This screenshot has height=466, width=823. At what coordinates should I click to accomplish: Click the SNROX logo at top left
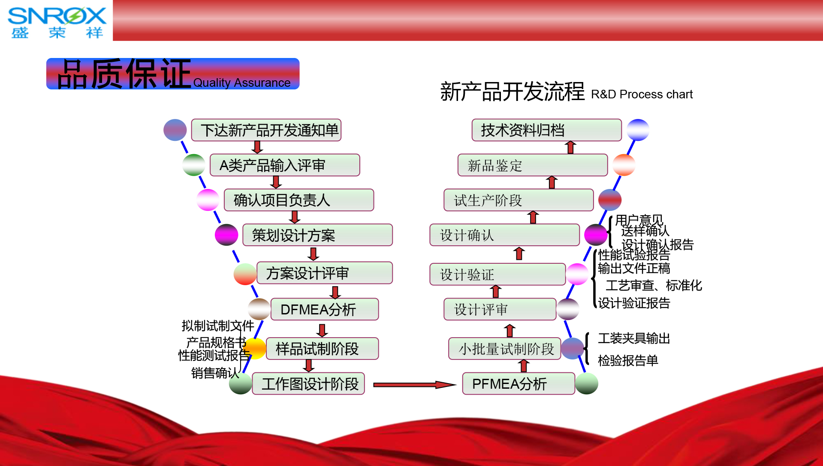pos(57,21)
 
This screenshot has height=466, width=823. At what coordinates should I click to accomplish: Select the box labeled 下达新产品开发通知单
pos(266,130)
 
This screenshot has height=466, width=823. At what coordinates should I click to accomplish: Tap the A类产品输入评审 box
pos(285,165)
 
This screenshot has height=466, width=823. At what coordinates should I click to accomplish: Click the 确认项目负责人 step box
pos(299,200)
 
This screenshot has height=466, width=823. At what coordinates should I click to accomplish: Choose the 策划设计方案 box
pos(317,235)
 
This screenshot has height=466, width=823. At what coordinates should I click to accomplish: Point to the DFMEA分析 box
pos(325,309)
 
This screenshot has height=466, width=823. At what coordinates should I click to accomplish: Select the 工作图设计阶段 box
pos(308,384)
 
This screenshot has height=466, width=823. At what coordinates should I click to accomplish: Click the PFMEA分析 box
pos(518,384)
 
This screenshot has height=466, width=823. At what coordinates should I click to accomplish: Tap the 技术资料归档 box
pos(546,130)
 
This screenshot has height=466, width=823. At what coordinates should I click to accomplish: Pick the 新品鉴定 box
pos(532,165)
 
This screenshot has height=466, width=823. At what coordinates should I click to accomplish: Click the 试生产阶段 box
pos(518,200)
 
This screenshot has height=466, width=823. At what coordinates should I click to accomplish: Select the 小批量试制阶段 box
pos(504,349)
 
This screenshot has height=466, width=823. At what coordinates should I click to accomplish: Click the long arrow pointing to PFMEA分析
pos(414,385)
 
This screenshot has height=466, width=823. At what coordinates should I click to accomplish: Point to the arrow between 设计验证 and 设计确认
pos(519,254)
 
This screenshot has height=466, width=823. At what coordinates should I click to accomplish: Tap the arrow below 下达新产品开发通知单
pos(257,147)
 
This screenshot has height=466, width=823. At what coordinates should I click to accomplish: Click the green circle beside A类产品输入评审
pos(194,165)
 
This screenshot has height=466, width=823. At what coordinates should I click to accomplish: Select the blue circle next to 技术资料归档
pos(638,130)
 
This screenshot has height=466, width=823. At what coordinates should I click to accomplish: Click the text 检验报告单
pos(628,360)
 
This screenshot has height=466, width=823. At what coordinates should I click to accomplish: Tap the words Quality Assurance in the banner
pos(241,82)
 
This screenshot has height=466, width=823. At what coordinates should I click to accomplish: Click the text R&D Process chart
pos(642,94)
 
